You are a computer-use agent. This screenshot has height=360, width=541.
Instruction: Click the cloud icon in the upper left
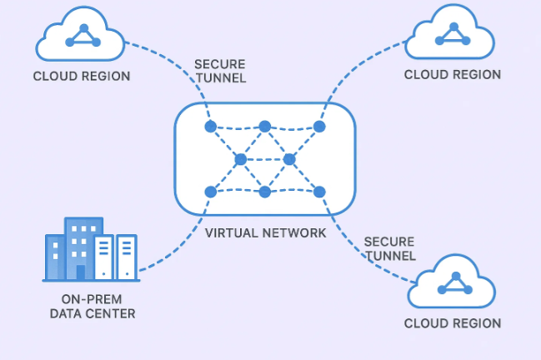[x=81, y=36]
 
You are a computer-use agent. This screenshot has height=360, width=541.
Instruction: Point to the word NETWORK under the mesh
[x=296, y=232]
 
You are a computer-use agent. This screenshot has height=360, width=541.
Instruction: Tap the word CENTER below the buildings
[x=113, y=314]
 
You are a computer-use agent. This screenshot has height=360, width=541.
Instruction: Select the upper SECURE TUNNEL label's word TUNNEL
[x=218, y=78]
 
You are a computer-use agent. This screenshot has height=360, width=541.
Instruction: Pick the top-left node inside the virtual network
[x=210, y=127]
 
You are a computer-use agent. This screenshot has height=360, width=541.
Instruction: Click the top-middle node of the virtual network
[x=264, y=127]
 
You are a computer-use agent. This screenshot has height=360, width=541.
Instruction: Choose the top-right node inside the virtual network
[x=318, y=127]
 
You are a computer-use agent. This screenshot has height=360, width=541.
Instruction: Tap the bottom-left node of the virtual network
[x=210, y=192]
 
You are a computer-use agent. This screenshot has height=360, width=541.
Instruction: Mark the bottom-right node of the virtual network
[x=318, y=192]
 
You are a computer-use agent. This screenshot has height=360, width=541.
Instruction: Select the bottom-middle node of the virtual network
[x=264, y=192]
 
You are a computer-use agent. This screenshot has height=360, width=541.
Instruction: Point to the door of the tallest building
[x=81, y=272]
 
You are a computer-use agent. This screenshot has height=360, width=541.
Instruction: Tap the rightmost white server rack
[x=127, y=257]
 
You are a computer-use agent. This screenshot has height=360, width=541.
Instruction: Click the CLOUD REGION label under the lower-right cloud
[x=453, y=323]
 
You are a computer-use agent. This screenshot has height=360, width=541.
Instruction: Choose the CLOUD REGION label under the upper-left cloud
[x=82, y=77]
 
